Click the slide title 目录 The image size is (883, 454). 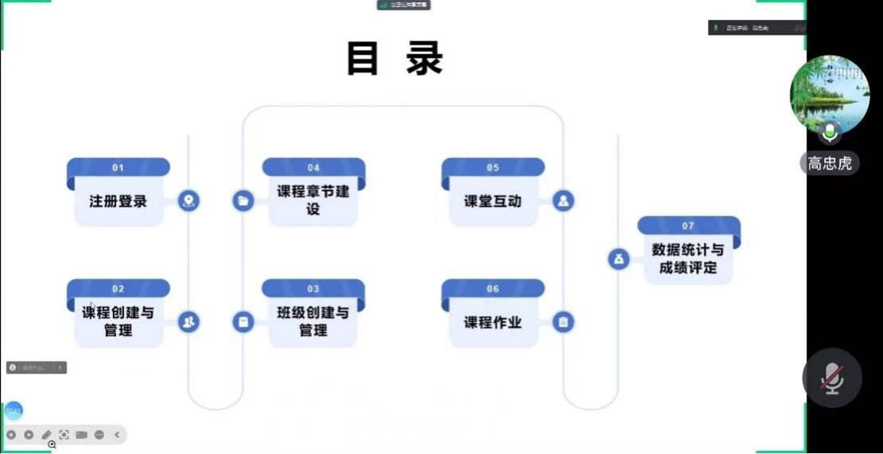tap(395, 59)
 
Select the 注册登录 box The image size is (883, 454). tap(118, 201)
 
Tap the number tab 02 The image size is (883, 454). tap(118, 289)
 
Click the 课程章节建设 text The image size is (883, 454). tap(313, 200)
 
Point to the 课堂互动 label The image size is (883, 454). tap(492, 201)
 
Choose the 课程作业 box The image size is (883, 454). tap(492, 322)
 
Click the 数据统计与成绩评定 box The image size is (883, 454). tap(688, 258)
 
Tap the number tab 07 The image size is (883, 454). tap(688, 226)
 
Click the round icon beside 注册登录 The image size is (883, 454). tap(189, 201)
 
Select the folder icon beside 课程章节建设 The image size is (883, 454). tap(243, 201)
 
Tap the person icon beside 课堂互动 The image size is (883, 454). tap(563, 201)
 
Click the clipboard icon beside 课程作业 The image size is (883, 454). tap(563, 322)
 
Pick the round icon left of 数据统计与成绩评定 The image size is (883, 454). tap(619, 258)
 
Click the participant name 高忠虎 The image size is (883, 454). tap(829, 164)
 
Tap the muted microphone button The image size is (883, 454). tap(832, 378)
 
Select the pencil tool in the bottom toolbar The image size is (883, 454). tap(46, 435)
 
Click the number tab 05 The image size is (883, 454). tap(492, 168)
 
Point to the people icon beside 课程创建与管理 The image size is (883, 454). tap(189, 322)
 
